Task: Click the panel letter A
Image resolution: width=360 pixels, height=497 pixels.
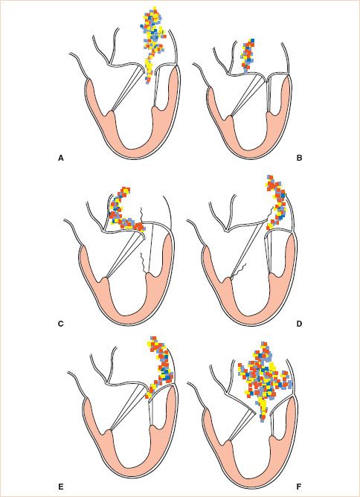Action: click(x=61, y=158)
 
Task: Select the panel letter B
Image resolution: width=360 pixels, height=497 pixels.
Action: click(x=299, y=158)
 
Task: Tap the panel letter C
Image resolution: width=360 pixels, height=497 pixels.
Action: click(x=61, y=324)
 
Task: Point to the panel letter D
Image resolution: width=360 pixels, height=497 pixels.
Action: click(x=299, y=324)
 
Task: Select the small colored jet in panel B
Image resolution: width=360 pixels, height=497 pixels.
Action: click(x=248, y=56)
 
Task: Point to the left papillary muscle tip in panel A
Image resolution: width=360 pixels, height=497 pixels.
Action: click(x=111, y=112)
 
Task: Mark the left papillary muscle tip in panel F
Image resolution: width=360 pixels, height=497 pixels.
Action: click(x=229, y=441)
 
